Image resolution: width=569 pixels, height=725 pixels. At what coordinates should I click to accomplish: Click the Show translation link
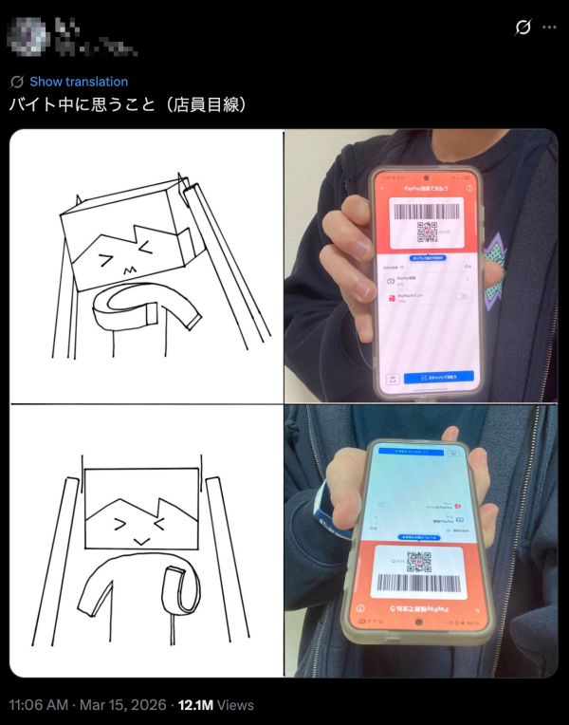coord(78,82)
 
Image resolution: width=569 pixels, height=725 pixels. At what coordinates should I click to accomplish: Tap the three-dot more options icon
coord(549,28)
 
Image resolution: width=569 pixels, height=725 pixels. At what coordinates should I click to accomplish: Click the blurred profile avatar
coord(28,35)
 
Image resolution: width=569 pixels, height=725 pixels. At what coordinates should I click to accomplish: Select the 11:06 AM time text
coord(39,705)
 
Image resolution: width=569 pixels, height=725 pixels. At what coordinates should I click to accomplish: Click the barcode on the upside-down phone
coord(418,583)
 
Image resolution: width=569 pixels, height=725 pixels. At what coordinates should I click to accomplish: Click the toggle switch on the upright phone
coord(462,298)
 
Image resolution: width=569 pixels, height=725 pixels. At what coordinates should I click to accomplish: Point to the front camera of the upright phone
coord(426,177)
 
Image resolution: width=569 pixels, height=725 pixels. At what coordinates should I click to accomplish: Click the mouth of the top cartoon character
coord(126,272)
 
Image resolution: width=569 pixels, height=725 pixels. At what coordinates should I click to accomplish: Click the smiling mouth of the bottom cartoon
coord(139,539)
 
